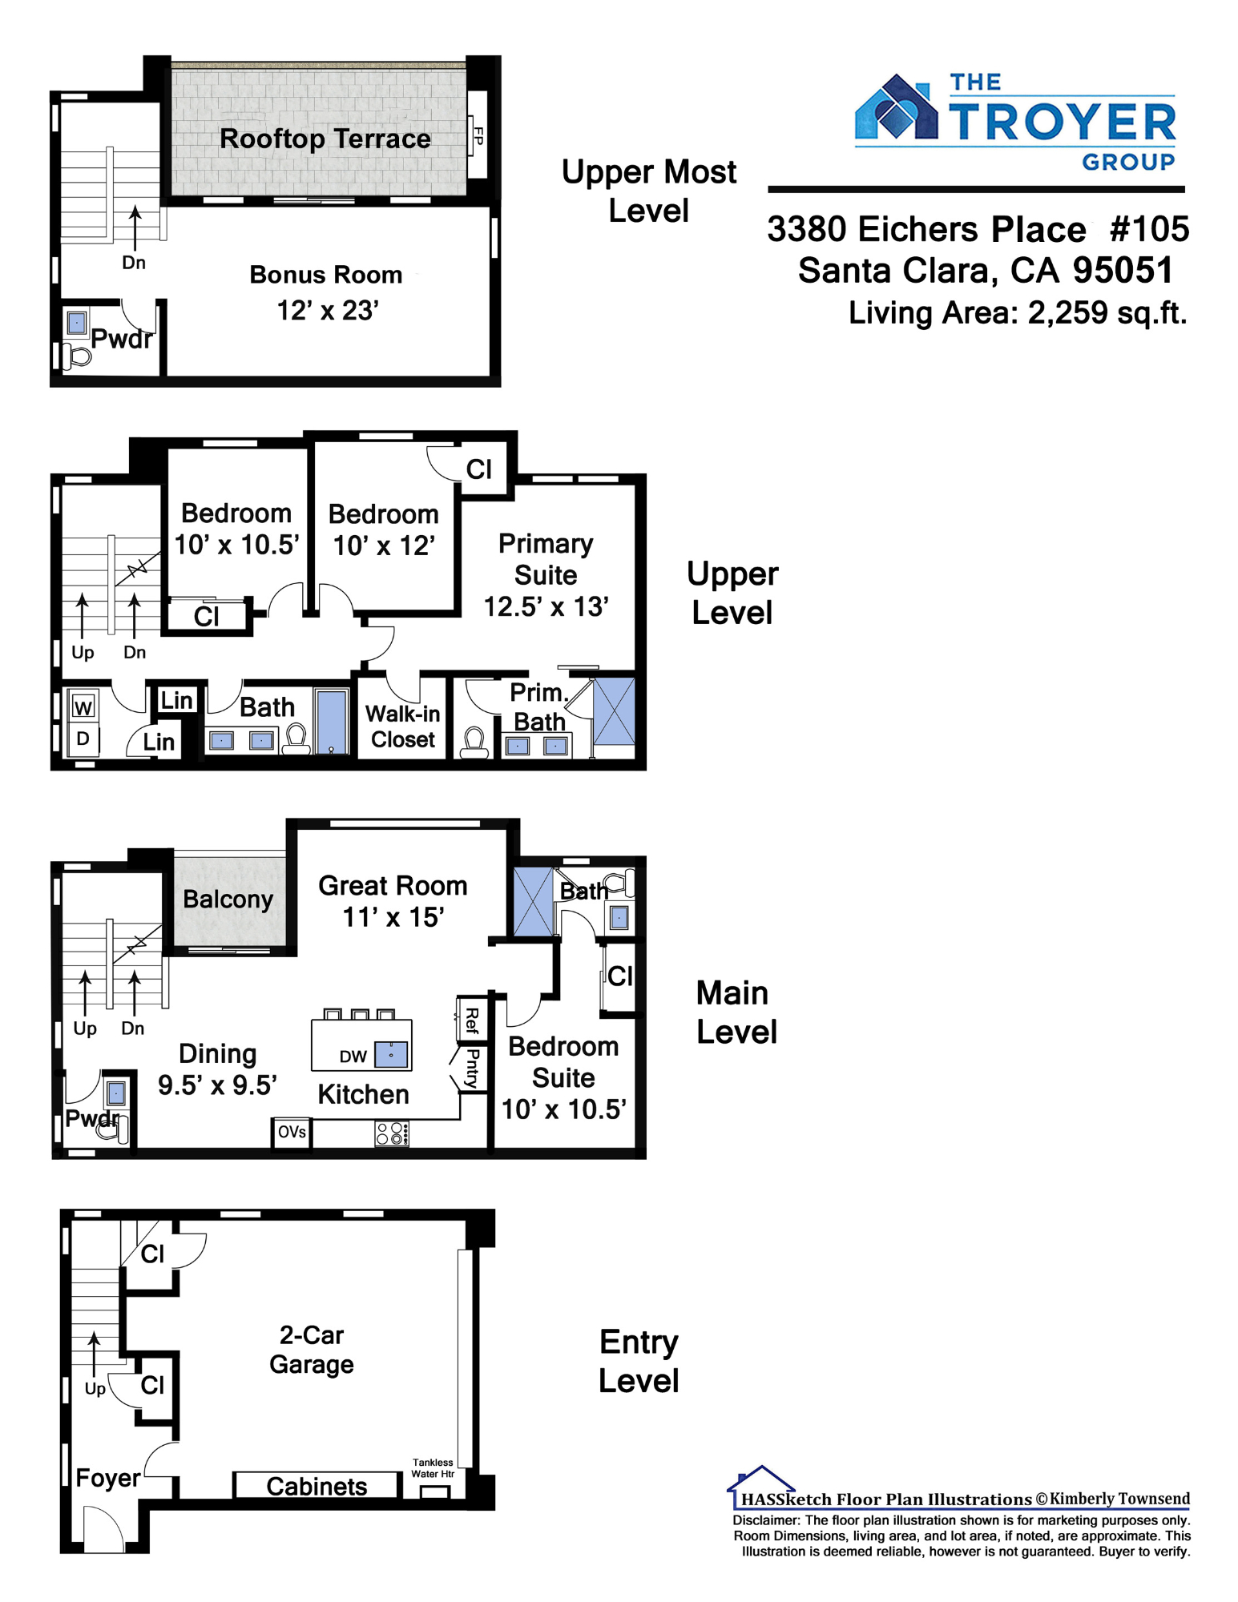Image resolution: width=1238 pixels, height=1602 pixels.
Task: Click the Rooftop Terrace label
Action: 325,139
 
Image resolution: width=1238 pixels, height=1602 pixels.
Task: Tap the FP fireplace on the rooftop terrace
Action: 478,135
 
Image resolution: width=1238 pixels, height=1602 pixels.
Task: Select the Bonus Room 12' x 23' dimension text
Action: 328,310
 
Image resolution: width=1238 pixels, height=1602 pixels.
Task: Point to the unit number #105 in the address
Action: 1149,229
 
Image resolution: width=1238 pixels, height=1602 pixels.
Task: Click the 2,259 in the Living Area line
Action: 1068,312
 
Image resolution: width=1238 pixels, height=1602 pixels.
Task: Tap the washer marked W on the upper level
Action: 83,706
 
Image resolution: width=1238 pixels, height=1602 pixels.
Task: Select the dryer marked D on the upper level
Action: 83,739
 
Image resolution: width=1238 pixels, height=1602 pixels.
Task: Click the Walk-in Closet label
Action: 403,727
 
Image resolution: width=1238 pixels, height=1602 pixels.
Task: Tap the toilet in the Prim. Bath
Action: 474,743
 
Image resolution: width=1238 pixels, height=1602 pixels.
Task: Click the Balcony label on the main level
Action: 228,900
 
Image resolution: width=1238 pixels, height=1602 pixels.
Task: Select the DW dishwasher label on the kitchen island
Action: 353,1057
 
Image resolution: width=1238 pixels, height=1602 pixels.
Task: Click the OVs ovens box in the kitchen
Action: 292,1132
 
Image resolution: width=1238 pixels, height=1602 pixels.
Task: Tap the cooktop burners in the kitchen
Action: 392,1133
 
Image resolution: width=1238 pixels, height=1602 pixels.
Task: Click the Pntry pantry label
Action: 473,1069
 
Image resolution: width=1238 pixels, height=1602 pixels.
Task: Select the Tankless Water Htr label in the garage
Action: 433,1468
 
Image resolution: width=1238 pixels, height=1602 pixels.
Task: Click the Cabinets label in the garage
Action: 317,1487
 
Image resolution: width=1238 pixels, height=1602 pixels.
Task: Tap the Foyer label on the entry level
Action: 108,1478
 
